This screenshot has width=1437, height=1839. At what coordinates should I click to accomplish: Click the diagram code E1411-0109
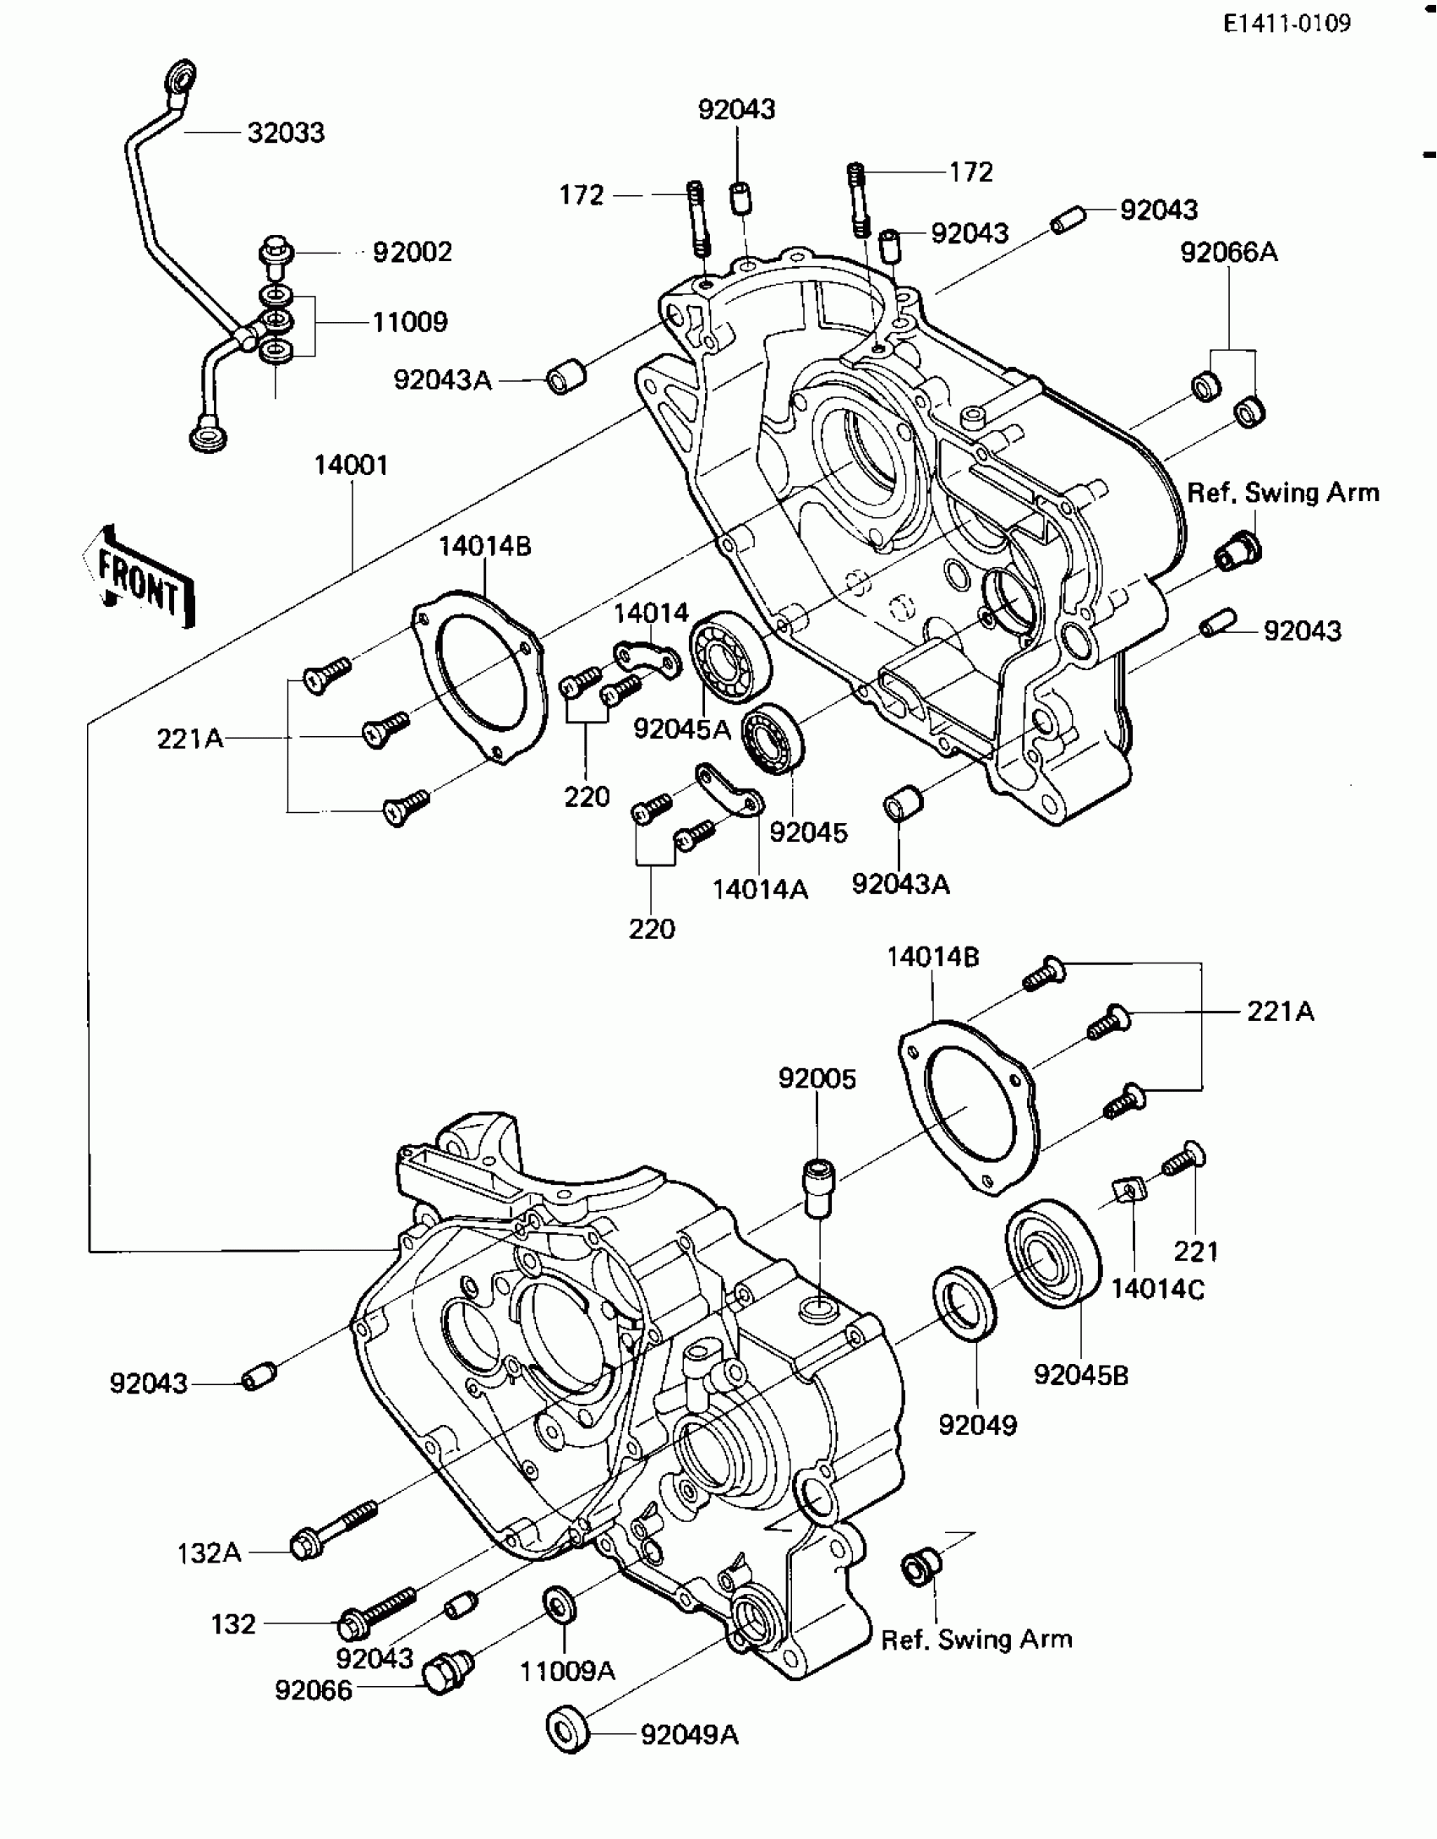(x=1287, y=24)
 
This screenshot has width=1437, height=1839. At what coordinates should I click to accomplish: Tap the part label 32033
(x=286, y=133)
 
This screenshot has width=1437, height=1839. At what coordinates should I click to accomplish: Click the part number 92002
(x=413, y=252)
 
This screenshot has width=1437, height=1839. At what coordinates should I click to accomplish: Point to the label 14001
(x=351, y=466)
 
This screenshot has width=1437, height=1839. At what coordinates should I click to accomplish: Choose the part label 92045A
(x=681, y=729)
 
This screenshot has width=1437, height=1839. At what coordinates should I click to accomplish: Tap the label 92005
(x=817, y=1079)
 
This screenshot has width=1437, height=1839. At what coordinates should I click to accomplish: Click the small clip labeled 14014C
(x=1128, y=1192)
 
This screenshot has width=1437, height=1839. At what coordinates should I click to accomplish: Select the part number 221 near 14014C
(x=1196, y=1251)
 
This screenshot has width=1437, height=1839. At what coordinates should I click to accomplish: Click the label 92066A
(x=1229, y=252)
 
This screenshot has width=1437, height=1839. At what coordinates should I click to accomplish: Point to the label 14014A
(x=760, y=889)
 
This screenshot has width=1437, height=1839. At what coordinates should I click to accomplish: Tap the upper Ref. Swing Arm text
(x=1282, y=493)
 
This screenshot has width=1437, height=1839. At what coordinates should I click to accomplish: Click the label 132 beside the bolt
(x=233, y=1624)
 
